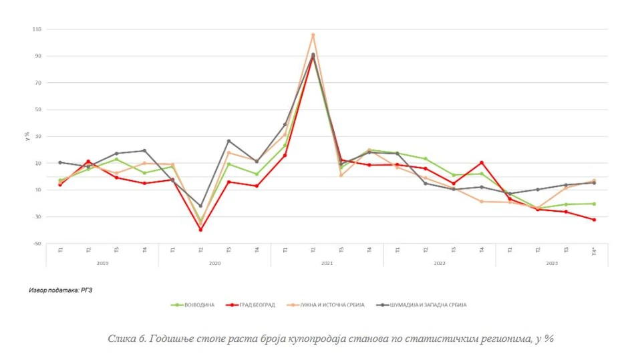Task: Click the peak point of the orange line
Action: (313, 35)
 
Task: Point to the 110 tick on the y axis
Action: (36, 29)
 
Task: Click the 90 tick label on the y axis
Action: (37, 56)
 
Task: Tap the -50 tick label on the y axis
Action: (37, 244)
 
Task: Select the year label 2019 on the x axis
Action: (102, 264)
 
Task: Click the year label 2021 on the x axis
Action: (327, 264)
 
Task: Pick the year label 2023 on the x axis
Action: (552, 264)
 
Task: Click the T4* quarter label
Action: (595, 252)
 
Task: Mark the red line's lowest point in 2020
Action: (200, 230)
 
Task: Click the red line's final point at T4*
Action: (594, 219)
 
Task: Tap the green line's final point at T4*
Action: (594, 204)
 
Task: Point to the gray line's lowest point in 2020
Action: (200, 206)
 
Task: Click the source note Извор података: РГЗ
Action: (61, 291)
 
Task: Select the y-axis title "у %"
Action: (27, 137)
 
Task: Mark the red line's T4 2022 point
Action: (482, 162)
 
